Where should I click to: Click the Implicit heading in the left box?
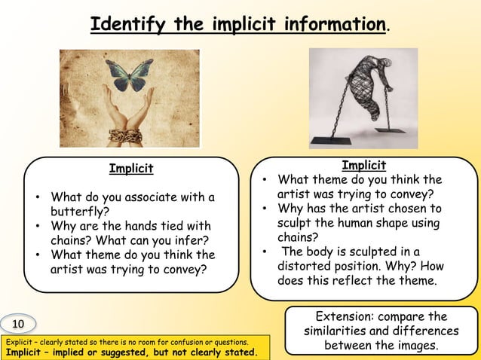tap(131, 168)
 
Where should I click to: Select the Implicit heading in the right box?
tap(364, 166)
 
